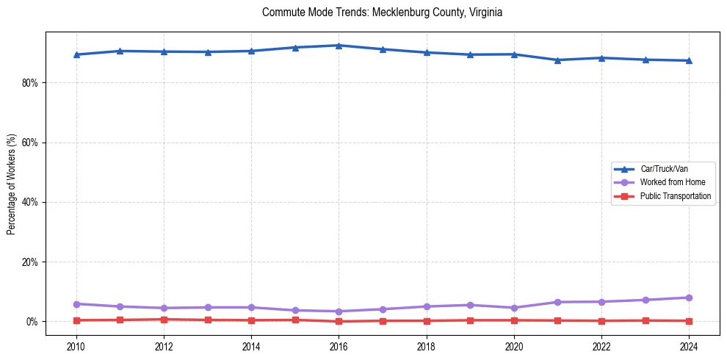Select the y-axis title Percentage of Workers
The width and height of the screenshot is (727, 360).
pos(11,184)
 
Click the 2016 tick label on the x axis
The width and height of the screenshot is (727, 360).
pos(339,345)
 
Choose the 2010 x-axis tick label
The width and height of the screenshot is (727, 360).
pos(76,345)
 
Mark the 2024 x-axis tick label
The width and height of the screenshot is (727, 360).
pos(689,345)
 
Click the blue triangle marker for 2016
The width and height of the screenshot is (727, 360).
pos(339,46)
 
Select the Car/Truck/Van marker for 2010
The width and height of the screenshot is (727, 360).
pos(76,54)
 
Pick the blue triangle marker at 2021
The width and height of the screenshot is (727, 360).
pos(557,60)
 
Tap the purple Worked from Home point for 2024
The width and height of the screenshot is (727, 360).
pos(689,298)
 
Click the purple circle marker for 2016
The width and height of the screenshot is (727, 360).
pos(339,312)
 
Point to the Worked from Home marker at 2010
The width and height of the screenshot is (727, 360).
pos(76,303)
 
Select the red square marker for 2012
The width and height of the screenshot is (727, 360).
pos(164,320)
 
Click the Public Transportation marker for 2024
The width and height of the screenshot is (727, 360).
pos(689,321)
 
